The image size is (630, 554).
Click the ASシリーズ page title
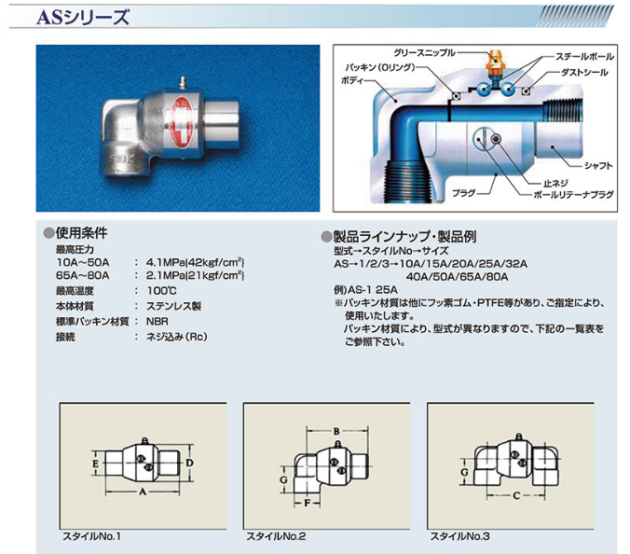click(x=83, y=18)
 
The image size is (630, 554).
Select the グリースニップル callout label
click(x=424, y=52)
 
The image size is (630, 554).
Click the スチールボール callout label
click(x=584, y=57)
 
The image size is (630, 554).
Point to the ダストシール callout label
click(x=584, y=73)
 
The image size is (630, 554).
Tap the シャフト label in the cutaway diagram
click(x=598, y=165)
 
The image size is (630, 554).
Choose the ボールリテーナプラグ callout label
click(x=573, y=195)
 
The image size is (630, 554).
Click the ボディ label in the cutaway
click(x=352, y=80)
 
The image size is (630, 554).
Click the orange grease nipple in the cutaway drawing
click(x=495, y=63)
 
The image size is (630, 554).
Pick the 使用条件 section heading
click(x=82, y=233)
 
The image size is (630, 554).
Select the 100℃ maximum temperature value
click(x=161, y=291)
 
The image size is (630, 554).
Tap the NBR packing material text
click(x=157, y=322)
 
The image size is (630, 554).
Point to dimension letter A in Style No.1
click(x=143, y=492)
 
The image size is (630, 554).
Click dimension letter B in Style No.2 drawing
click(x=336, y=432)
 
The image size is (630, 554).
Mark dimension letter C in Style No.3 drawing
click(x=516, y=495)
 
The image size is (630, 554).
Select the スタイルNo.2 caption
click(x=276, y=536)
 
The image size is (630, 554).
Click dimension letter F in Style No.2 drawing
click(x=307, y=503)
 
